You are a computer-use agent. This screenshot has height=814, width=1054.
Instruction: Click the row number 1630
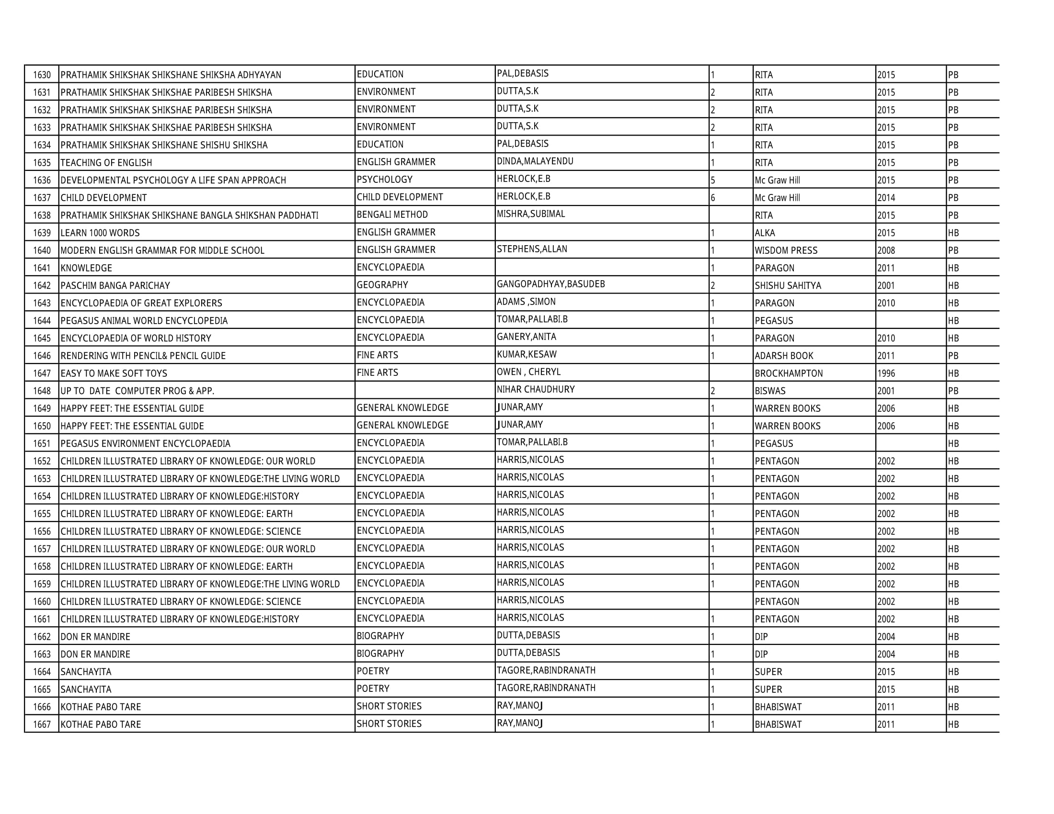pyautogui.click(x=42, y=75)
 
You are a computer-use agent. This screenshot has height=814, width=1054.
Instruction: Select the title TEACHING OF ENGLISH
pyautogui.click(x=106, y=162)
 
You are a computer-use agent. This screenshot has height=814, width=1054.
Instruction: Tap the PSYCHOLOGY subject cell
pyautogui.click(x=385, y=180)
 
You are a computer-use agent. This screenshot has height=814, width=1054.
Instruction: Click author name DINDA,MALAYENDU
pyautogui.click(x=535, y=161)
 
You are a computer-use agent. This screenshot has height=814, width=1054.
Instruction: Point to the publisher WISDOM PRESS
pyautogui.click(x=786, y=250)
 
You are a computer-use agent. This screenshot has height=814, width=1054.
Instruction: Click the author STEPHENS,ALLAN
pyautogui.click(x=532, y=249)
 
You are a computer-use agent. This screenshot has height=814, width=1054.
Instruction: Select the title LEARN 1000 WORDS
pyautogui.click(x=100, y=233)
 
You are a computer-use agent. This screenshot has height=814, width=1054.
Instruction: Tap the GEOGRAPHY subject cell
pyautogui.click(x=382, y=285)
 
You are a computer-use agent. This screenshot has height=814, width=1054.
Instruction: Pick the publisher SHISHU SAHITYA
pyautogui.click(x=788, y=285)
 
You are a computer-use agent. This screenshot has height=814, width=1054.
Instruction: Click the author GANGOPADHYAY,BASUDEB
pyautogui.click(x=550, y=284)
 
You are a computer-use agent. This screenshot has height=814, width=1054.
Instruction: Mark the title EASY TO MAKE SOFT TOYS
pyautogui.click(x=114, y=373)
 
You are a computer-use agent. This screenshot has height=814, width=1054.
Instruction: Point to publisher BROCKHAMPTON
pyautogui.click(x=789, y=373)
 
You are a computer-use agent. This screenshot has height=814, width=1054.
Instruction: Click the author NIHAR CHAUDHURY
pyautogui.click(x=536, y=389)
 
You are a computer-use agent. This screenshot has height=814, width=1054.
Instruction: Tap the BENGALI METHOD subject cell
pyautogui.click(x=392, y=215)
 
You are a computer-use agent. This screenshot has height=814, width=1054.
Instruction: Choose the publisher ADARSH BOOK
pyautogui.click(x=784, y=356)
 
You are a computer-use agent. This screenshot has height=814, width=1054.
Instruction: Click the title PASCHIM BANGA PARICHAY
pyautogui.click(x=115, y=285)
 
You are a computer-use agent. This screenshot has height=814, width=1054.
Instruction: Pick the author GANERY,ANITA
pyautogui.click(x=527, y=337)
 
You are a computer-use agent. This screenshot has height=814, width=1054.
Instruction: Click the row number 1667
pyautogui.click(x=42, y=724)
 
